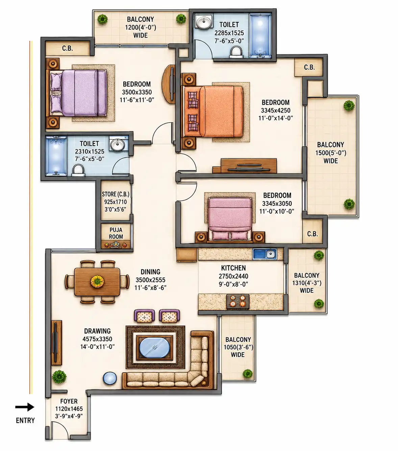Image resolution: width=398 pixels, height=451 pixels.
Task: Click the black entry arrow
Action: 25,407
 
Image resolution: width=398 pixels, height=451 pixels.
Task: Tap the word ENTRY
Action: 25,421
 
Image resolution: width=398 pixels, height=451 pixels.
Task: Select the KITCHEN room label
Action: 233,268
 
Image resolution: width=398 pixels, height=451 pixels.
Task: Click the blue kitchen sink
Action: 265,254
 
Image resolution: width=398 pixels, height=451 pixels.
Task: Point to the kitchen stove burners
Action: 238,301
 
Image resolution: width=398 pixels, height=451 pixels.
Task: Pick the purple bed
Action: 76,93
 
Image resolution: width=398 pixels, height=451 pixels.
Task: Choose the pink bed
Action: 230,220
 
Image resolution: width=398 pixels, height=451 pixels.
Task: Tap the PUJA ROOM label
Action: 116,233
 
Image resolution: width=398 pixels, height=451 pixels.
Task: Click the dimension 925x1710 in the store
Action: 115,202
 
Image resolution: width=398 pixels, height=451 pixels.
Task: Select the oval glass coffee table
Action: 154,348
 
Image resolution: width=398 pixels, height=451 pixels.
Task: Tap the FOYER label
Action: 69,401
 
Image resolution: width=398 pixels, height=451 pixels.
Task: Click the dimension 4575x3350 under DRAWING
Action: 97,339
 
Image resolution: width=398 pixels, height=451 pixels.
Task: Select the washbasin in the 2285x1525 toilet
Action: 204,21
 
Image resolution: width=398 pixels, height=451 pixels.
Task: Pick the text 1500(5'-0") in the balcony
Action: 330,153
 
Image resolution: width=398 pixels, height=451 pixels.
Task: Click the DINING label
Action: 150,272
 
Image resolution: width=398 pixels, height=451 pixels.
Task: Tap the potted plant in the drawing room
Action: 59,377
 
